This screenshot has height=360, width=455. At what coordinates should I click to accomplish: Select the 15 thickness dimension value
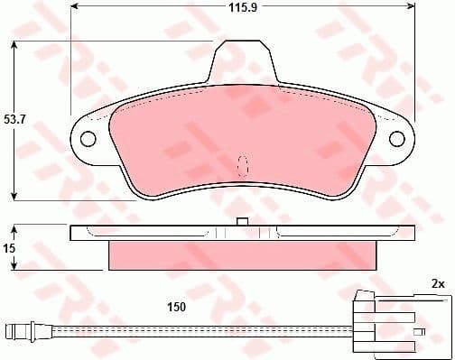point(10,247)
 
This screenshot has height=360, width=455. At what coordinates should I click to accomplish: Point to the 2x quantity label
point(439,284)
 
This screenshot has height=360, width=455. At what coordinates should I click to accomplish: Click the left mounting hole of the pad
point(88,139)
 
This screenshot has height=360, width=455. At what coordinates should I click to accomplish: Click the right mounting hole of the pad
point(397,138)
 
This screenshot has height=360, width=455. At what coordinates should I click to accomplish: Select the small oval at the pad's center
point(242,165)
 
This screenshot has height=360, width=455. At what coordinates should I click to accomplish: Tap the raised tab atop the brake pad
point(244,63)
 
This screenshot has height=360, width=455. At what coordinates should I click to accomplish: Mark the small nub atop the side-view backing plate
point(241,222)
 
